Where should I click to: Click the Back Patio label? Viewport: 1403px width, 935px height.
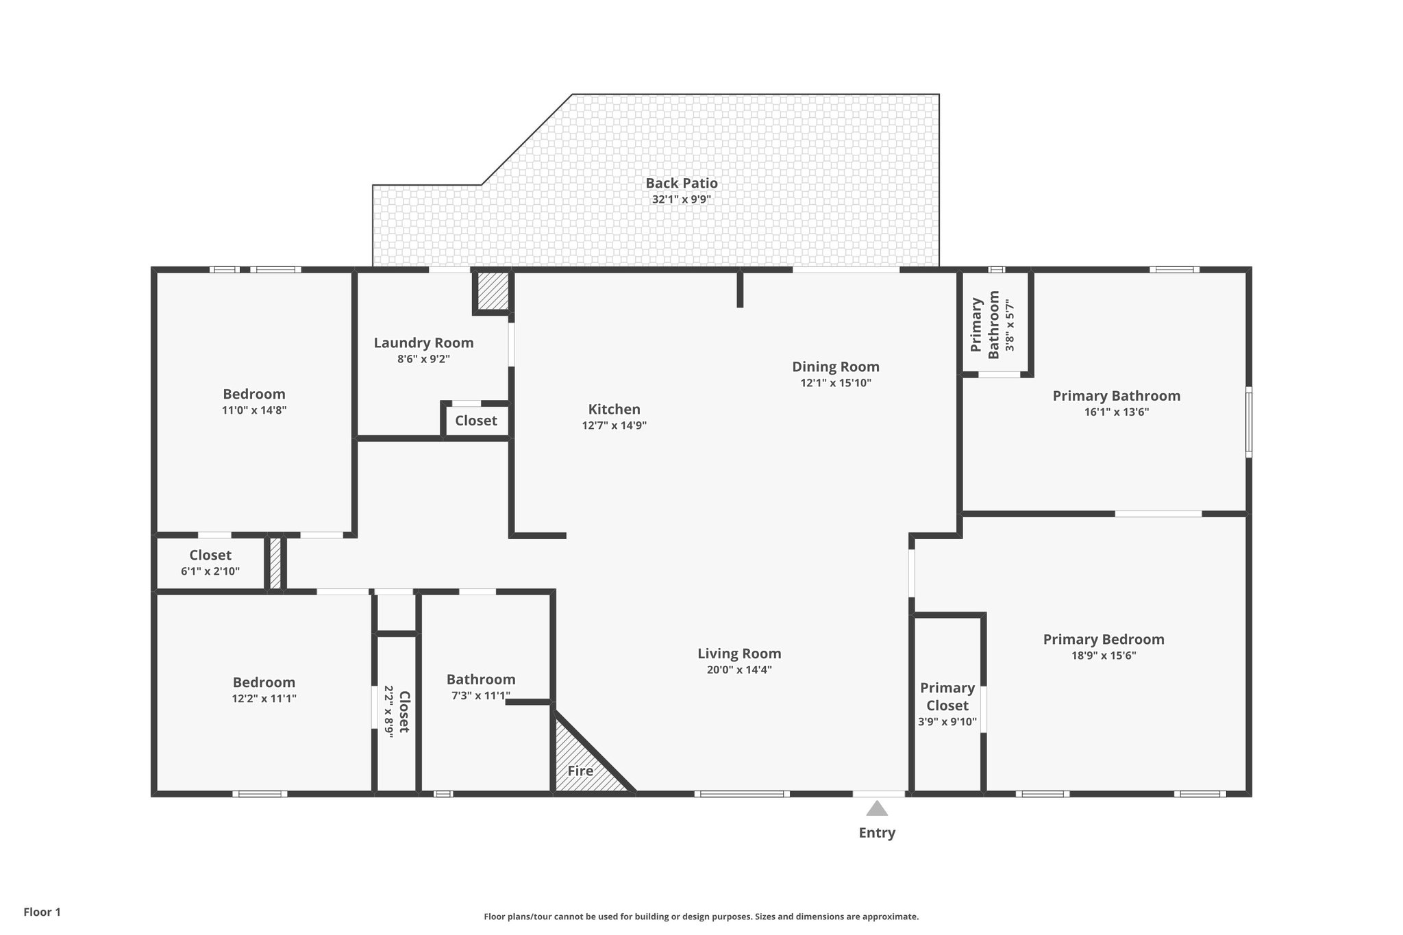(681, 183)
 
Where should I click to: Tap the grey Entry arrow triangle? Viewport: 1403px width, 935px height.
(877, 809)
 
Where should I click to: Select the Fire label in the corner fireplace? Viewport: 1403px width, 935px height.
(580, 771)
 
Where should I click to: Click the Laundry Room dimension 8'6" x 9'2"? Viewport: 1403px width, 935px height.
(423, 359)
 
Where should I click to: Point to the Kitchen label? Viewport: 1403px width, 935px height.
(614, 409)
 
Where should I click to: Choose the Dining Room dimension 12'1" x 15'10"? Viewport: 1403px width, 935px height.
(835, 383)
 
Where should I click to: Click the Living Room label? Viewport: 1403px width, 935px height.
(739, 653)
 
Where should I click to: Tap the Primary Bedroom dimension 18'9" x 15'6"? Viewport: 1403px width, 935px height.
(1103, 656)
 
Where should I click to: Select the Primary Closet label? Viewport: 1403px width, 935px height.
(947, 696)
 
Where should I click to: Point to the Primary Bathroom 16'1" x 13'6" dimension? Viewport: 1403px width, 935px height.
(1116, 412)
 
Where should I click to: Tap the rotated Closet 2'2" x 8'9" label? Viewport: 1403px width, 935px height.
(397, 712)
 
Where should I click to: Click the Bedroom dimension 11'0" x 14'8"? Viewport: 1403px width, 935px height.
(253, 410)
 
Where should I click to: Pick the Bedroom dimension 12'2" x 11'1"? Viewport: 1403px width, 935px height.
(264, 699)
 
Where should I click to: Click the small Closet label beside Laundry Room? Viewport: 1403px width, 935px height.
(475, 421)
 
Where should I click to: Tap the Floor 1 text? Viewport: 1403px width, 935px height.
(42, 912)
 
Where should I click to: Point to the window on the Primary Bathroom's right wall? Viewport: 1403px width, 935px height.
(1248, 422)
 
